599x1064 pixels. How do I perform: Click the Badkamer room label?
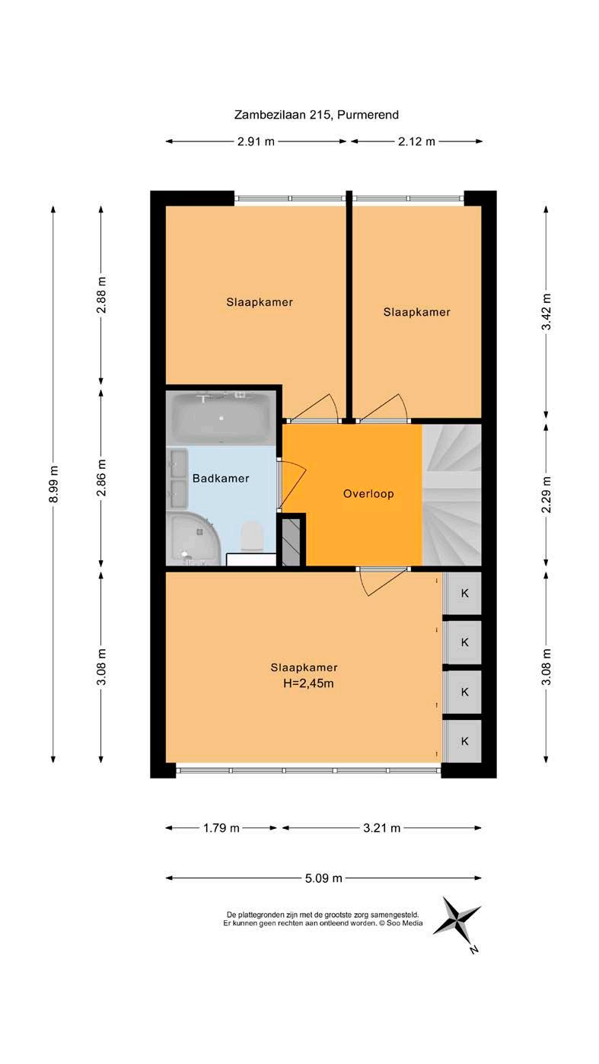point(221,478)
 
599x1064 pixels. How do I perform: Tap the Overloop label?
point(368,493)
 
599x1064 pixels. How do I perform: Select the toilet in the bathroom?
point(252,536)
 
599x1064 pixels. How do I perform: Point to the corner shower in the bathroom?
point(193,540)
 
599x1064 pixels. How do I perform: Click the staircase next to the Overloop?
point(452,495)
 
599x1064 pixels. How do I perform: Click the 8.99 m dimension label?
point(53,483)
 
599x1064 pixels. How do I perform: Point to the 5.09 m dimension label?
point(323,878)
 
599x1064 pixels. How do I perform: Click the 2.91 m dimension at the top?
point(256,141)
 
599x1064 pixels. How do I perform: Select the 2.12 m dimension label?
point(416,141)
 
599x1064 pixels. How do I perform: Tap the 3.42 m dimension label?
point(546,311)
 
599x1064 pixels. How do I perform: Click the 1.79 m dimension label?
point(221,828)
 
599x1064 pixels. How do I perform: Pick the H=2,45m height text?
point(307,683)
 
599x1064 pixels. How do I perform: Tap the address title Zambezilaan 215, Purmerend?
point(317,115)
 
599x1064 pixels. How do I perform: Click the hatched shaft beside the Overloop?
point(292,542)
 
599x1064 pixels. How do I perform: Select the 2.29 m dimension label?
point(546,494)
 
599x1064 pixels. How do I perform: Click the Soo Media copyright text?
point(323,923)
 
